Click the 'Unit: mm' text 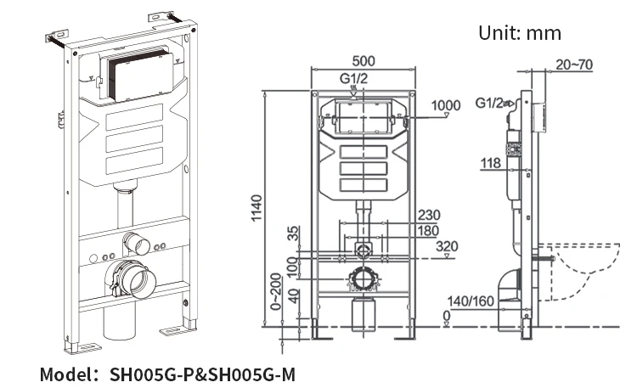click(x=520, y=33)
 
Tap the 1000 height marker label click(x=445, y=106)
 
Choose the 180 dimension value click(x=429, y=231)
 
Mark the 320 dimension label click(x=448, y=247)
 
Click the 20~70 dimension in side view click(x=574, y=64)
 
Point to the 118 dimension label click(x=490, y=164)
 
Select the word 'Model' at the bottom click(x=67, y=374)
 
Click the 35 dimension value click(x=292, y=233)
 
